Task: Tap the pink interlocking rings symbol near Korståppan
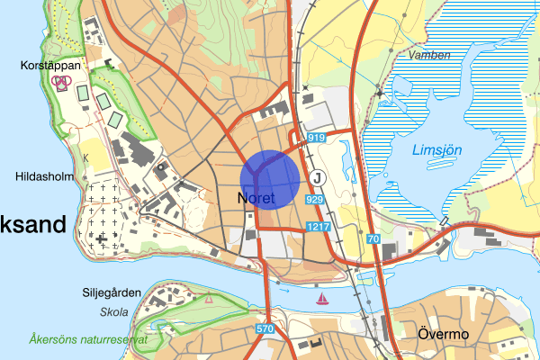pos(61,82)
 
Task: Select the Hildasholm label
pos(42,177)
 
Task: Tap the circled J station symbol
pos(317,176)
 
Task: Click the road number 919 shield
pos(316,138)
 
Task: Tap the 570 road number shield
pos(265,329)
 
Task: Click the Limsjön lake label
pos(437,150)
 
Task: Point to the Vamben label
pos(428,54)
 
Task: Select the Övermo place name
pos(444,334)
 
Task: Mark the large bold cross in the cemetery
pos(102,238)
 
